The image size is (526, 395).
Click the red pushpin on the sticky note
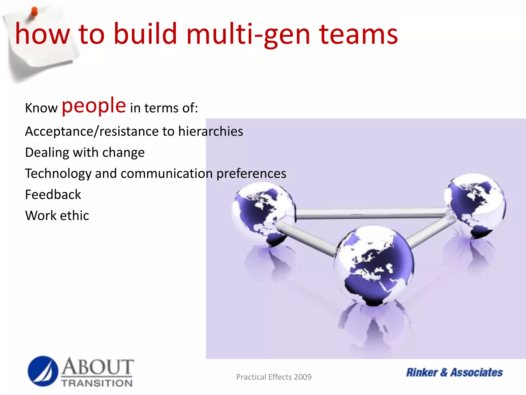coord(34,12)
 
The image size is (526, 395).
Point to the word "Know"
coord(41,108)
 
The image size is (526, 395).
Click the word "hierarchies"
coord(211,131)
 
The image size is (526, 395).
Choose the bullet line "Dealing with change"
coord(85,152)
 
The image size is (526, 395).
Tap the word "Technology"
coord(58,174)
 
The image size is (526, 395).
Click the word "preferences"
coord(251,174)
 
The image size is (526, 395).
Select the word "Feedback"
coord(53,194)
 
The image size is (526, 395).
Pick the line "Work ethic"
coord(57,216)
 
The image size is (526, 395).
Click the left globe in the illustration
coord(263,213)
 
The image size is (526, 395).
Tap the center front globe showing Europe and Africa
coord(374,265)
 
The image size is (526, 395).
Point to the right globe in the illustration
coord(475,206)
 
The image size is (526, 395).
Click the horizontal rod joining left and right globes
coord(370,213)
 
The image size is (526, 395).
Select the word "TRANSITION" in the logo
coord(97,383)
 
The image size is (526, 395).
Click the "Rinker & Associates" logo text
coord(454,372)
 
